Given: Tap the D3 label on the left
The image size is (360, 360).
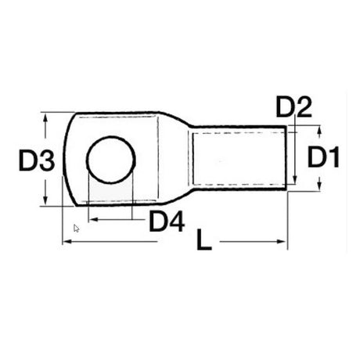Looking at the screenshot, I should (36, 162).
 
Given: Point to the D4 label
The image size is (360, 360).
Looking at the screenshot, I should (167, 222).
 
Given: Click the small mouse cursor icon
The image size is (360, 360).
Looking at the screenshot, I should (76, 228).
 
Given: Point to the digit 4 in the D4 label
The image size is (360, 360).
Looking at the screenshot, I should (177, 222).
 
